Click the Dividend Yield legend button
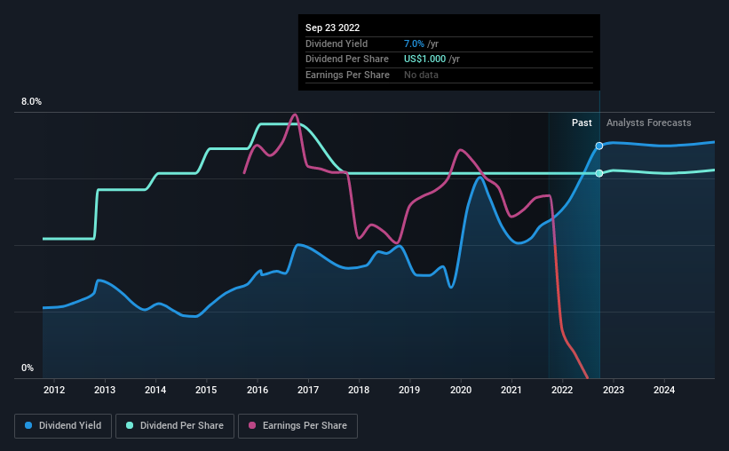(63, 426)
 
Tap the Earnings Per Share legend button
(297, 426)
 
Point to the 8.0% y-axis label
(31, 102)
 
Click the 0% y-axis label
(28, 368)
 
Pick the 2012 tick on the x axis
(54, 390)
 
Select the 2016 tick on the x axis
(258, 390)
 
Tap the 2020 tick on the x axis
(461, 390)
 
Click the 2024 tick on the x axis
(664, 390)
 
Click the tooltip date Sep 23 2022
(333, 28)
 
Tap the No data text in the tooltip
(421, 75)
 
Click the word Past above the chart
(582, 123)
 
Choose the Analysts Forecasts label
(648, 123)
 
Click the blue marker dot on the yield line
(599, 146)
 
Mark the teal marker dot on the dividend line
(599, 173)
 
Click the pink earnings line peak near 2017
(295, 115)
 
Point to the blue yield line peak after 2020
(479, 177)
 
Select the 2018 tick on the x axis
(359, 390)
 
